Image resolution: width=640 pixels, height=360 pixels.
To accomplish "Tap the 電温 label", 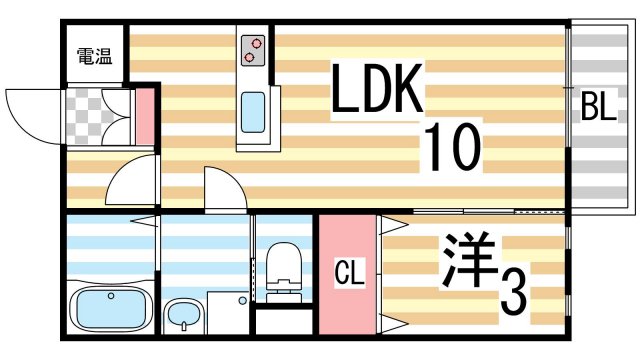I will click(x=94, y=58).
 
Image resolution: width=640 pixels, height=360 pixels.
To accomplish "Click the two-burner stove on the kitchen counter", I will click(x=251, y=50).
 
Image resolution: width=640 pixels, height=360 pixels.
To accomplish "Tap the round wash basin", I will click(x=183, y=318).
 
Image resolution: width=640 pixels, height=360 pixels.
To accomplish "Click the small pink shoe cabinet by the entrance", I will click(x=145, y=116).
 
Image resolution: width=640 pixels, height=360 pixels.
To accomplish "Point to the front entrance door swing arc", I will click(x=30, y=110).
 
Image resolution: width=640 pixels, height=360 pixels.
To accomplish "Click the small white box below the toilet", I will click(x=282, y=323).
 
